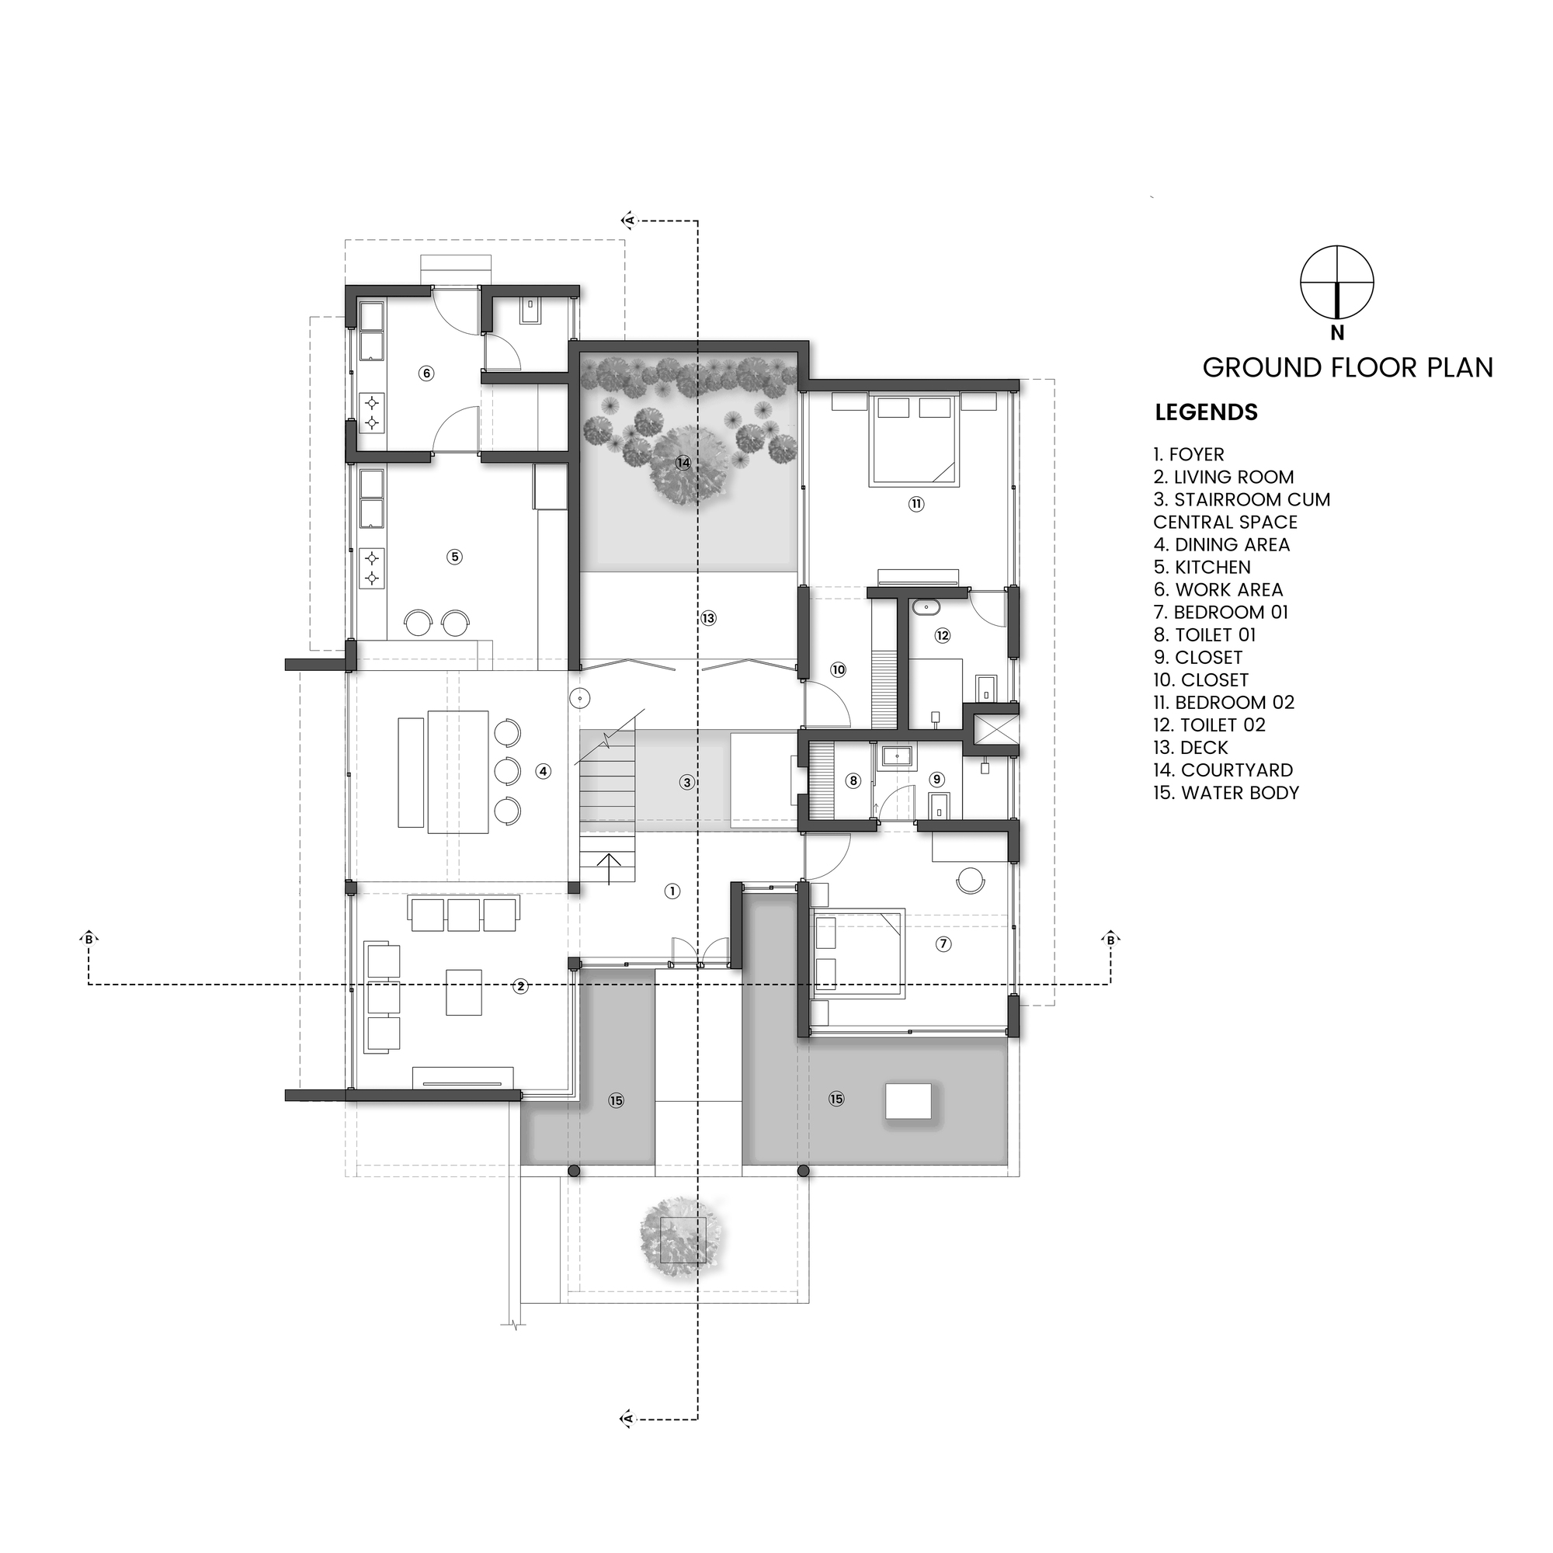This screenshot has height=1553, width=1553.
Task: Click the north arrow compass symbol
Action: coord(1337,281)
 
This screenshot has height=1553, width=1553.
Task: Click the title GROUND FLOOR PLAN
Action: coord(1347,368)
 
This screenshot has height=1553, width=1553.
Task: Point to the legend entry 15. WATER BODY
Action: coord(1226,793)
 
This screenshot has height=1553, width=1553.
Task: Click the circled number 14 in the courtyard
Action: coord(683,463)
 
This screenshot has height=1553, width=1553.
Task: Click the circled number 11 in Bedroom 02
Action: coord(915,504)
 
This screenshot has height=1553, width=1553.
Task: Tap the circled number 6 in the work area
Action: coord(427,373)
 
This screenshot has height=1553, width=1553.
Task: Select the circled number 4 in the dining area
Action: coord(544,772)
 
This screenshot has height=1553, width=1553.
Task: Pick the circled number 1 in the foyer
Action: coord(672,891)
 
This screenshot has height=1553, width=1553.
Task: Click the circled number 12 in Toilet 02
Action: coord(942,635)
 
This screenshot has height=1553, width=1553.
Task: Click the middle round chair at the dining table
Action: coord(507,771)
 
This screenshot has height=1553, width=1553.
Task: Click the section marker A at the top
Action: coord(631,220)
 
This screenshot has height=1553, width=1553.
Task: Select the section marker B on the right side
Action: coord(1111,939)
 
